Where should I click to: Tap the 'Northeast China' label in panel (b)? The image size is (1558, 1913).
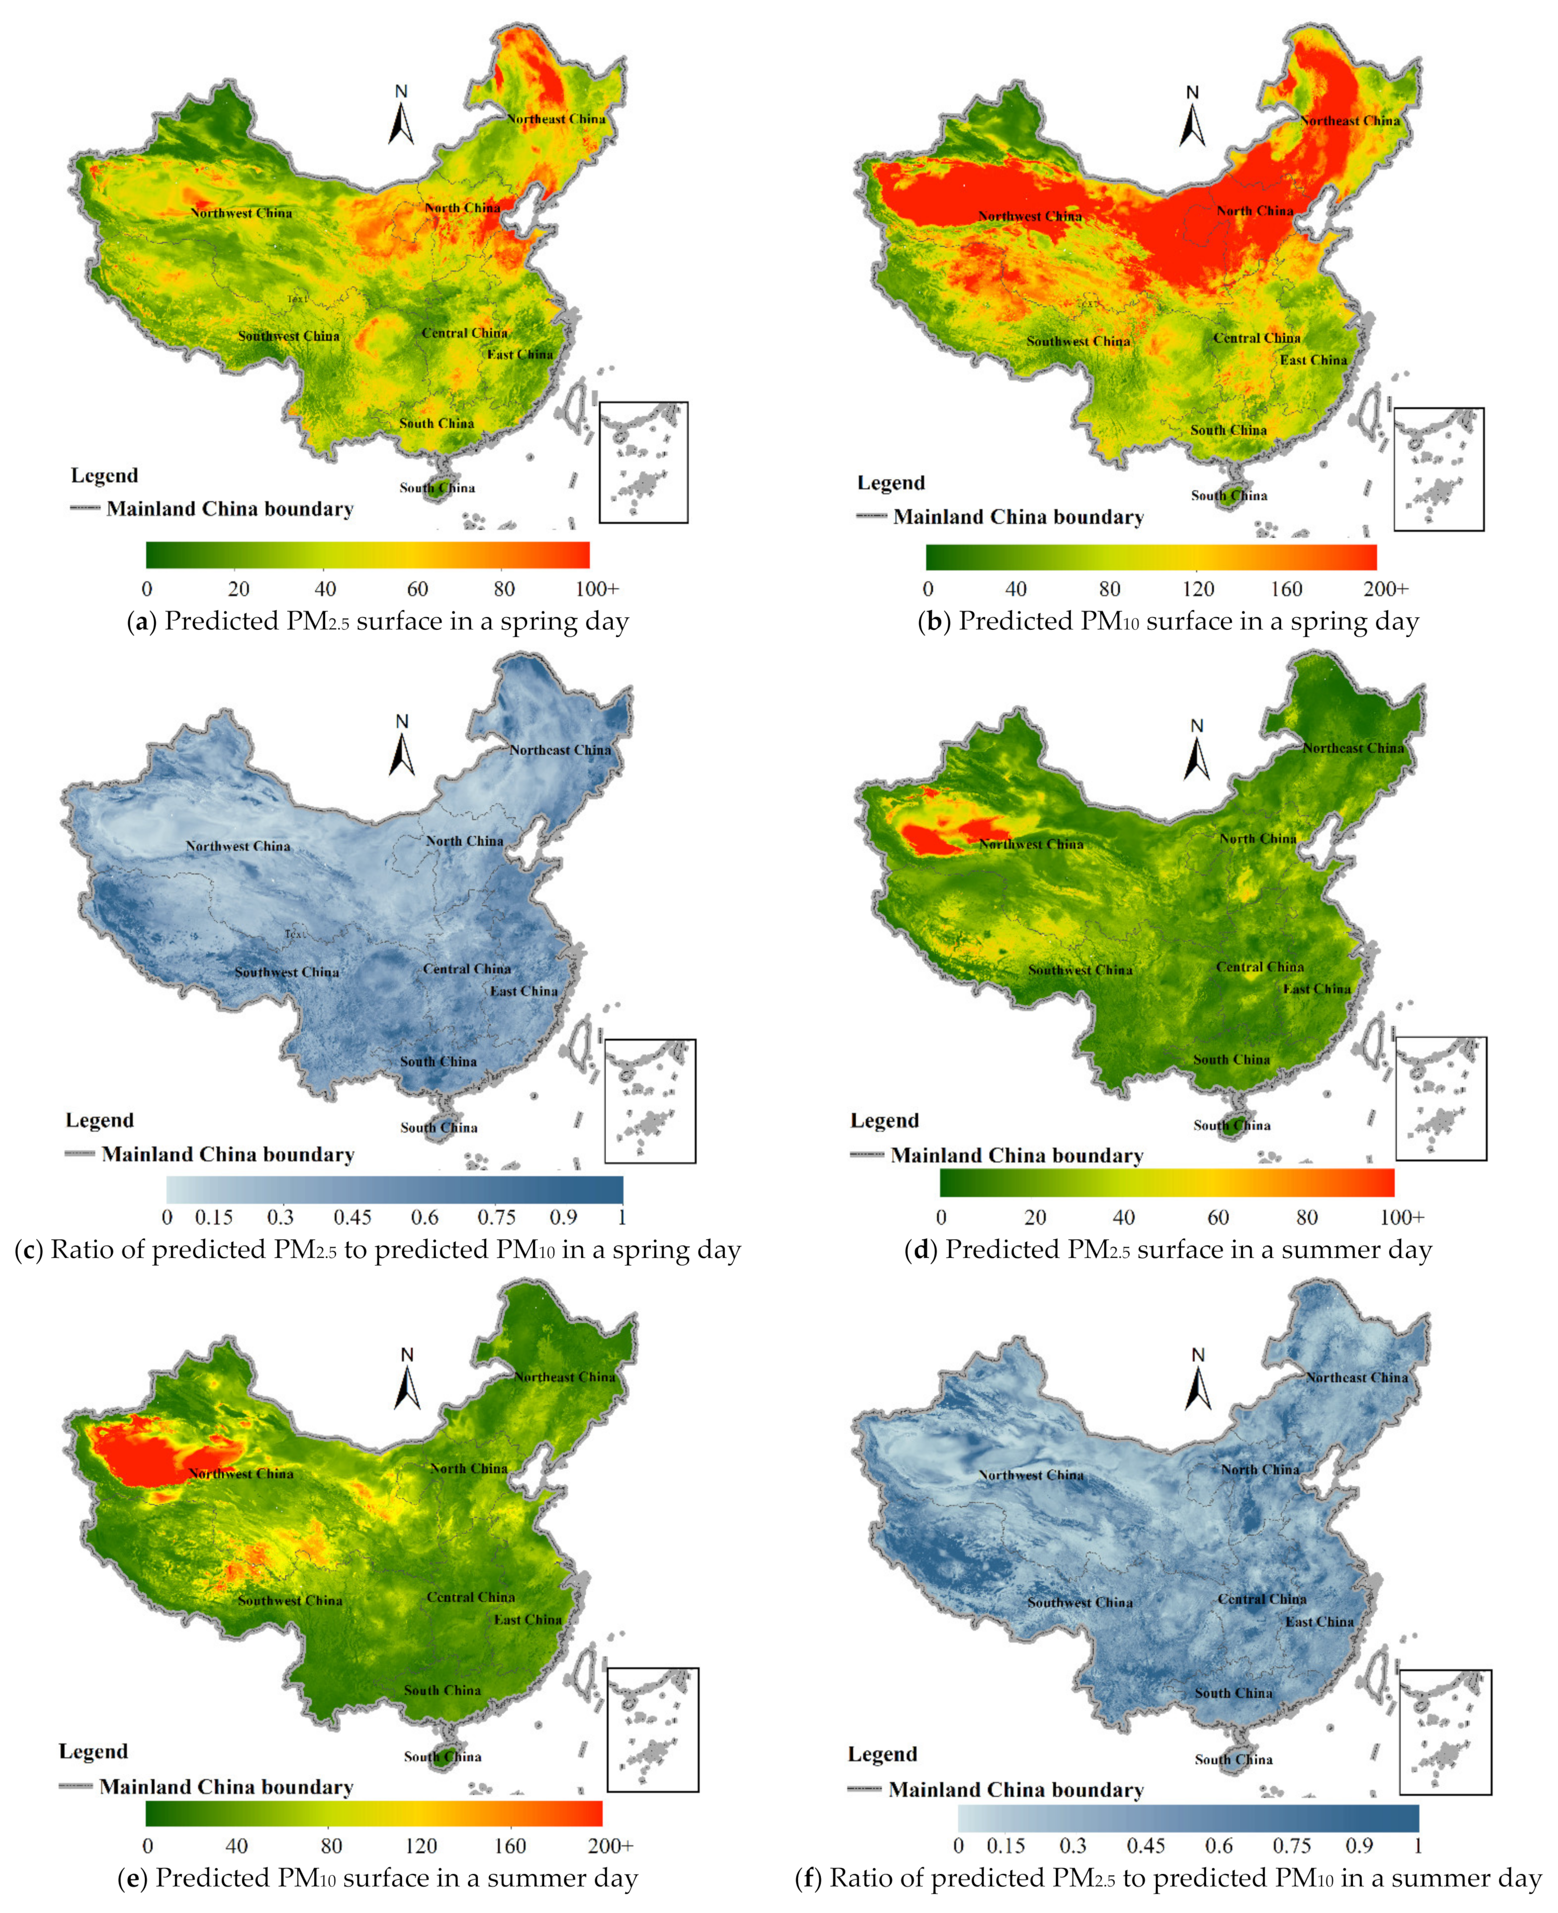click(1350, 121)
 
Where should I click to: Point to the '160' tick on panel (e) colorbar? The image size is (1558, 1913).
click(511, 1845)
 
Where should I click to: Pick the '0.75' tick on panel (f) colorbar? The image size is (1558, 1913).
click(1292, 1845)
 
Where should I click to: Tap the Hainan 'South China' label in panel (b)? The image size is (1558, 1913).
click(1230, 496)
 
